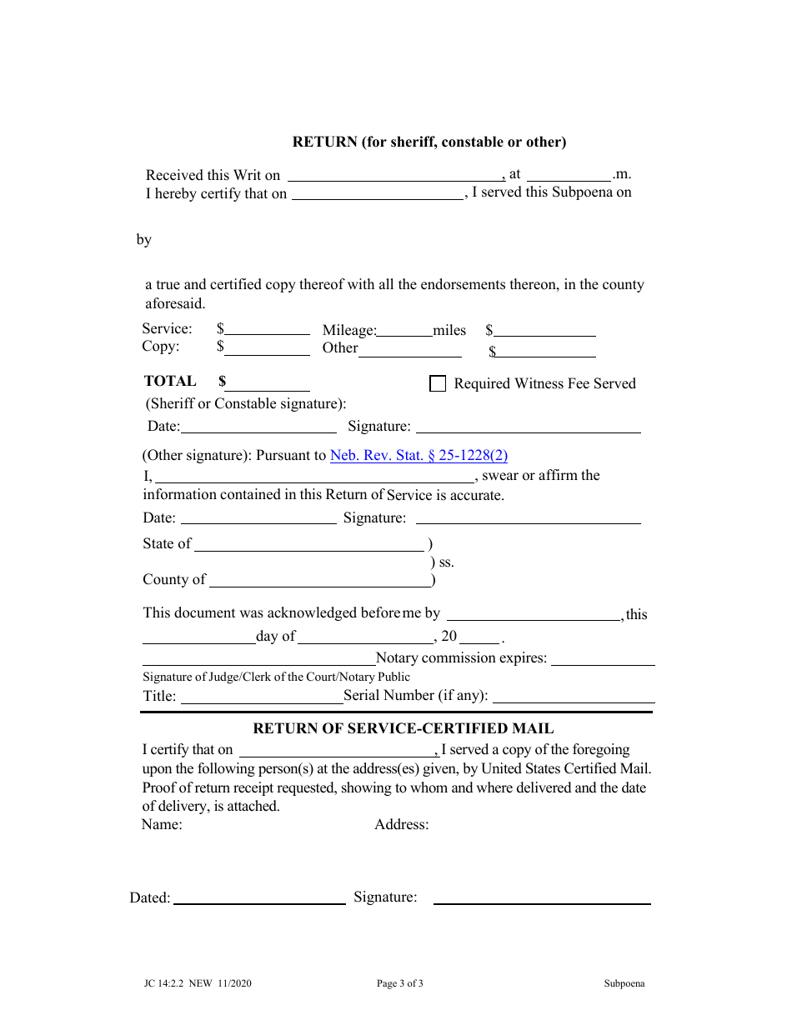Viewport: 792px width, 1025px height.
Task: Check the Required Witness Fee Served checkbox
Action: click(x=437, y=383)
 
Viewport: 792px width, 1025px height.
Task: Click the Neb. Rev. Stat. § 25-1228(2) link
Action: click(x=419, y=455)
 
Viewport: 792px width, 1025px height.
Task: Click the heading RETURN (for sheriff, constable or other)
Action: click(x=429, y=142)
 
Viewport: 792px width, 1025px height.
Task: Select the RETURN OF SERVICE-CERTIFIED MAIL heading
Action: click(x=403, y=728)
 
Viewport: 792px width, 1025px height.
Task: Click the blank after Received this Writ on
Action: click(x=395, y=175)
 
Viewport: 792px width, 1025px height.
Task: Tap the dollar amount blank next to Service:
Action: click(x=268, y=330)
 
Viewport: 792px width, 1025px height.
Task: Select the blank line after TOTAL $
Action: click(x=268, y=384)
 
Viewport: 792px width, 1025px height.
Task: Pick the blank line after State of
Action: click(x=309, y=545)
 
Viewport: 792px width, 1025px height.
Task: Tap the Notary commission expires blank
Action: click(x=603, y=658)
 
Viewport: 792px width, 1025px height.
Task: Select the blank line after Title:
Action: click(x=260, y=697)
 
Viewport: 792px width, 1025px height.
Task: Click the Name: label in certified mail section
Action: click(x=162, y=825)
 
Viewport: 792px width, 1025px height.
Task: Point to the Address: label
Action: click(x=401, y=825)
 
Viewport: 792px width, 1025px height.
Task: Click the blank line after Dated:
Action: click(x=259, y=898)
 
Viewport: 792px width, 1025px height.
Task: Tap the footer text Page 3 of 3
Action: click(x=400, y=983)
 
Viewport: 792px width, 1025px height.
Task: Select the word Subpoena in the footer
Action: click(x=624, y=983)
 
